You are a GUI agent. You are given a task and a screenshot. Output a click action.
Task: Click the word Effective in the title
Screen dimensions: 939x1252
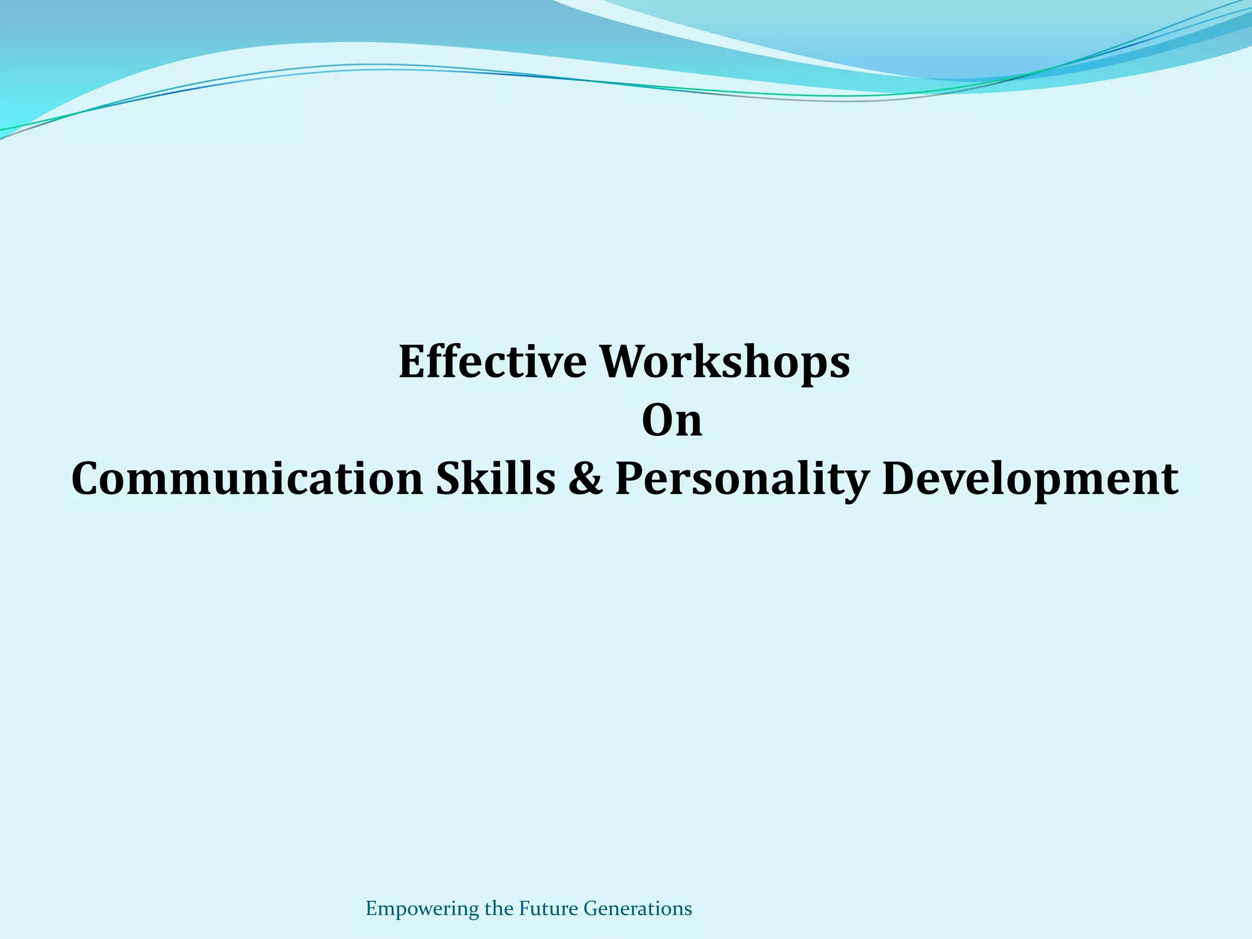[x=493, y=361]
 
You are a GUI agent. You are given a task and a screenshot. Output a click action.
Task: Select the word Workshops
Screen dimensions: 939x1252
[x=724, y=363]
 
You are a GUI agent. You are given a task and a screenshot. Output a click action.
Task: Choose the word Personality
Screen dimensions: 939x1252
[x=741, y=480]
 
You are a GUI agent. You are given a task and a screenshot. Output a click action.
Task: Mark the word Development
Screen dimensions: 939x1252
[x=1030, y=480]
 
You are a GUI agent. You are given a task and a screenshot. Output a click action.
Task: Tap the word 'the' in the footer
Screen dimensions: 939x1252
[x=499, y=908]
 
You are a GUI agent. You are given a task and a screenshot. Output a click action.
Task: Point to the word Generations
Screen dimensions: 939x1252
[x=638, y=908]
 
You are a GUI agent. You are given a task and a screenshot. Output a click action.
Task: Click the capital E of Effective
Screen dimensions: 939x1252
[x=413, y=361]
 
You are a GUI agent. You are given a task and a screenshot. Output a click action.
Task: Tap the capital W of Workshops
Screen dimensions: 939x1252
[x=622, y=361]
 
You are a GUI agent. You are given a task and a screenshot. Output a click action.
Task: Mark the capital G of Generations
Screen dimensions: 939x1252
[x=591, y=908]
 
